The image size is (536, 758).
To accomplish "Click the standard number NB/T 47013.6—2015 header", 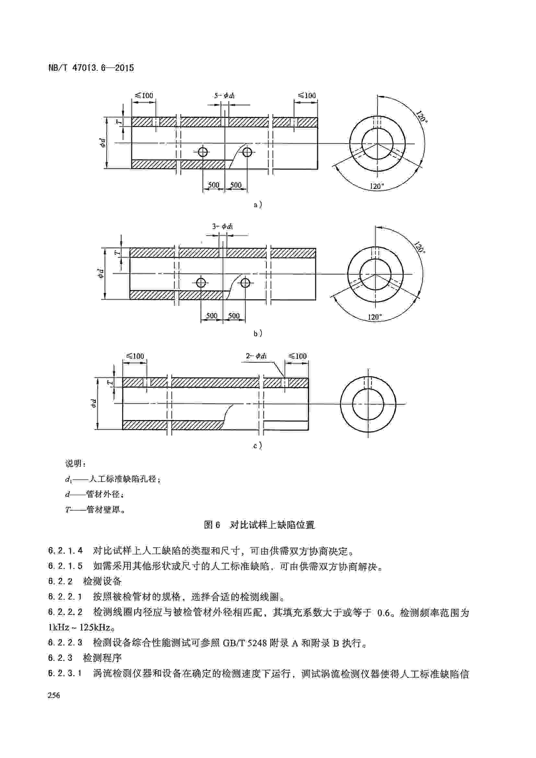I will (x=91, y=68).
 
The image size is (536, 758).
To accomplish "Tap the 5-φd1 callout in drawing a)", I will (x=225, y=96).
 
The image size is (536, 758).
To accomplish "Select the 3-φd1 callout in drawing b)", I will (x=222, y=227).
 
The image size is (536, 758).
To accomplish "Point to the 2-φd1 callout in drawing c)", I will (x=256, y=356).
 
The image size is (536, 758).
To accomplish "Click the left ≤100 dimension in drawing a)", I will (x=144, y=96).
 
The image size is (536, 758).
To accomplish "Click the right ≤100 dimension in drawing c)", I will (x=297, y=356).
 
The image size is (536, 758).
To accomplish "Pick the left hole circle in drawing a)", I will (x=203, y=152).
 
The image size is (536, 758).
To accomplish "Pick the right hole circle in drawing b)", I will (x=245, y=283).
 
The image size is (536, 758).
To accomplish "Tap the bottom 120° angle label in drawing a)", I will (x=377, y=186).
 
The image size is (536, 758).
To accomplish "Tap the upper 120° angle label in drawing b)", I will (x=419, y=248).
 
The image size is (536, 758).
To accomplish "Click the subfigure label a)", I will (x=258, y=205).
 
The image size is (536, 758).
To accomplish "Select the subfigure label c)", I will (x=257, y=446).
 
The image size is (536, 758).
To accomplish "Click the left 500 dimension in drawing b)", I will (x=212, y=316).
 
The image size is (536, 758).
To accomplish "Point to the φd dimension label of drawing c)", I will (x=94, y=403).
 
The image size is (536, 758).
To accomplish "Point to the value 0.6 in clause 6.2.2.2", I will (x=383, y=613).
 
